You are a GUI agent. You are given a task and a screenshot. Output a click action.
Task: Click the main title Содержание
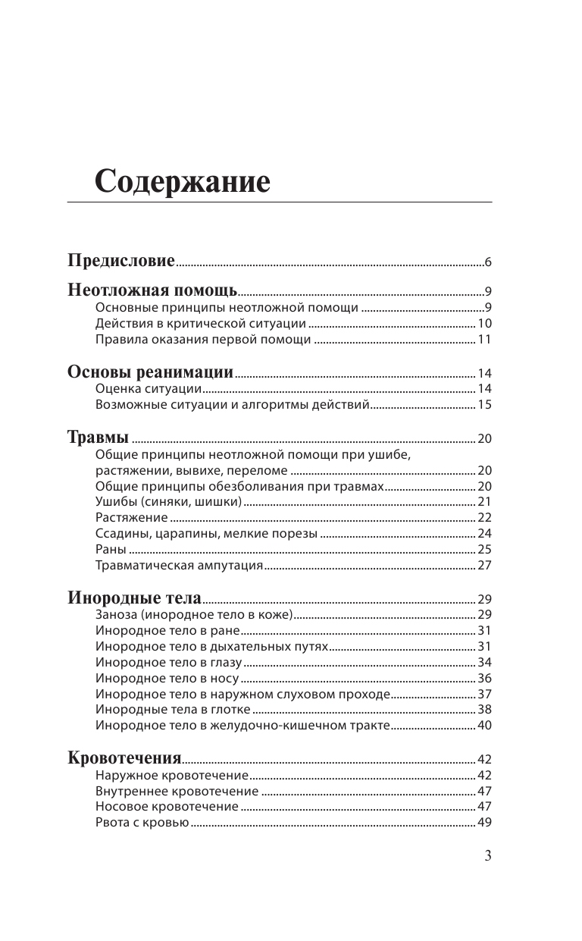[x=183, y=183]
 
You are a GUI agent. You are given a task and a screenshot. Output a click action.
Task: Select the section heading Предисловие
[x=121, y=261]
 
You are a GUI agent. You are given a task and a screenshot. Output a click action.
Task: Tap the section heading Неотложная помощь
[x=152, y=290]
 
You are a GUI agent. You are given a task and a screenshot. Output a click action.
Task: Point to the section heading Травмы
[x=98, y=438]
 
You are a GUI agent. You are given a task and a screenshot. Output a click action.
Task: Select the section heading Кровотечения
[x=124, y=758]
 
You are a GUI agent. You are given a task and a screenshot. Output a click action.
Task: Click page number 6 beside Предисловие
[x=489, y=262]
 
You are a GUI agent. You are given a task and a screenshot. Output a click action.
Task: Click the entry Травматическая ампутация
[x=179, y=565]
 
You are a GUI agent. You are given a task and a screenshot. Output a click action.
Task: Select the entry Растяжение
[x=131, y=517]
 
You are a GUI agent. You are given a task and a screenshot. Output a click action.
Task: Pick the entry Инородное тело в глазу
[x=168, y=662]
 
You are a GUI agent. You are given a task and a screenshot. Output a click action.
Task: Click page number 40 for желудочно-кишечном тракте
[x=484, y=726]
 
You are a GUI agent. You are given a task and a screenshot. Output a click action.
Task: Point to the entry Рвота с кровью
[x=142, y=823]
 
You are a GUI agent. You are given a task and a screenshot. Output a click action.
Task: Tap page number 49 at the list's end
[x=484, y=823]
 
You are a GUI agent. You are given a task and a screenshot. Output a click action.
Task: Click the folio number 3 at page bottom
[x=487, y=856]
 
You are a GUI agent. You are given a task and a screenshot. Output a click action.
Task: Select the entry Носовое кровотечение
[x=167, y=807]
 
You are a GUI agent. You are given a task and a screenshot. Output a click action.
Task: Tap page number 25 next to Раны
[x=484, y=549]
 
